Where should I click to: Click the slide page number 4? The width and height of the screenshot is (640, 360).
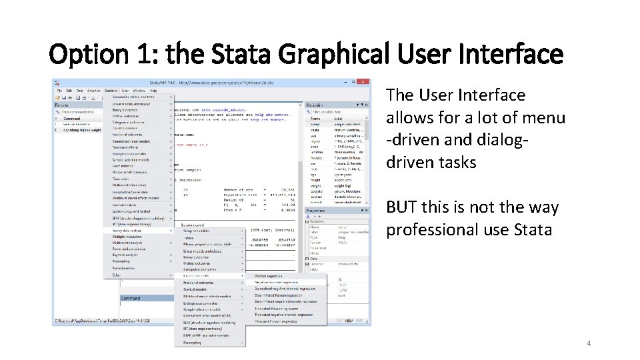tap(589, 343)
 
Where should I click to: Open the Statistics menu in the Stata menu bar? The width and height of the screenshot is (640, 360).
tap(111, 91)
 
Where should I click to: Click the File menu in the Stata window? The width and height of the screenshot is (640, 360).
tap(59, 91)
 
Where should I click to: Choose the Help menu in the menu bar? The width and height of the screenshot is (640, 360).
tap(153, 91)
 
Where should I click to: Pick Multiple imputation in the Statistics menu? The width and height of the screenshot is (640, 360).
tap(127, 237)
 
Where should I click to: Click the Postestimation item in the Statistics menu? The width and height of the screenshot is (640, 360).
tap(126, 268)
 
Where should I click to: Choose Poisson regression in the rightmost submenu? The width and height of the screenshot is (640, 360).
tap(270, 275)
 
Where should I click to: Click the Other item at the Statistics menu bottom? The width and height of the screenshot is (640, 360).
tap(117, 275)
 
